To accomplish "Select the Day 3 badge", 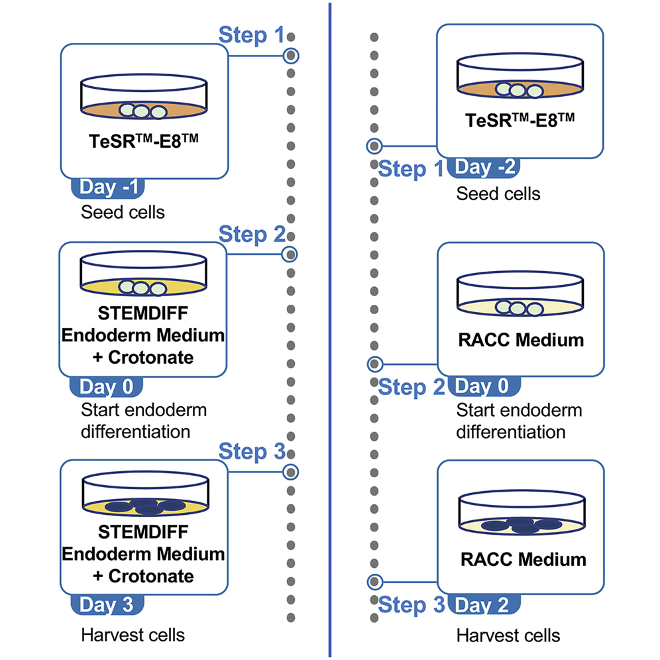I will pos(106,604).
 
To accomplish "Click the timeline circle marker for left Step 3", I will pos(290,471).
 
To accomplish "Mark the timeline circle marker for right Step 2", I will pos(374,364).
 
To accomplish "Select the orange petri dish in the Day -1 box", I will pos(142,98).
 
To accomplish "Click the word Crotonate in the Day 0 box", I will pos(151,357).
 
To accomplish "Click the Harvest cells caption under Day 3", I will pos(133,635).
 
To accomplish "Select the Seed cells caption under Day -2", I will pos(498,193).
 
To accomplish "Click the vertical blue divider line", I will pos(329,331).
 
